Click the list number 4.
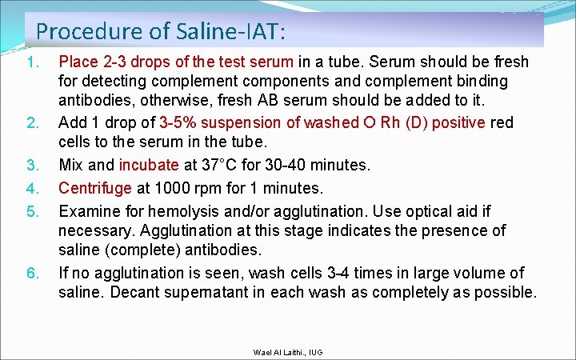32,190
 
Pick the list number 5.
32,212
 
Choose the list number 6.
32,274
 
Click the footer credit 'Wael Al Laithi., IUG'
287,352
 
